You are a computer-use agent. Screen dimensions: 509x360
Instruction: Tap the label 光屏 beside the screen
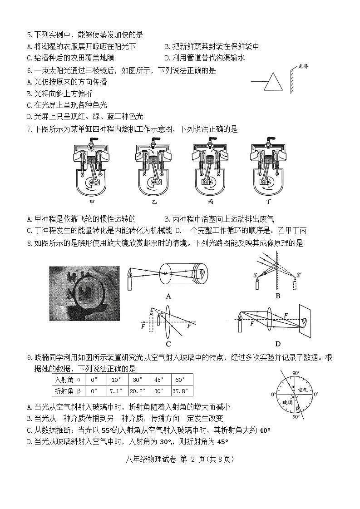point(302,67)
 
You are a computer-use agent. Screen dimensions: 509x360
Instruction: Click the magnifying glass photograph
point(84,293)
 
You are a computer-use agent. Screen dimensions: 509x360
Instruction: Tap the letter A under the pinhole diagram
point(168,296)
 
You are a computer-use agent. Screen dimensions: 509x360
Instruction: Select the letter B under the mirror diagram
point(278,296)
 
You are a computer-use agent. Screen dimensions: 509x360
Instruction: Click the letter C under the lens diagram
point(168,344)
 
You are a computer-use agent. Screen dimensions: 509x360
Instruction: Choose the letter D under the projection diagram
point(278,344)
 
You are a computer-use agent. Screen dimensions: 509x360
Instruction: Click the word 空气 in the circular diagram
point(303,389)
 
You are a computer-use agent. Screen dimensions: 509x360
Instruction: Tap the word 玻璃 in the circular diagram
point(287,402)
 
